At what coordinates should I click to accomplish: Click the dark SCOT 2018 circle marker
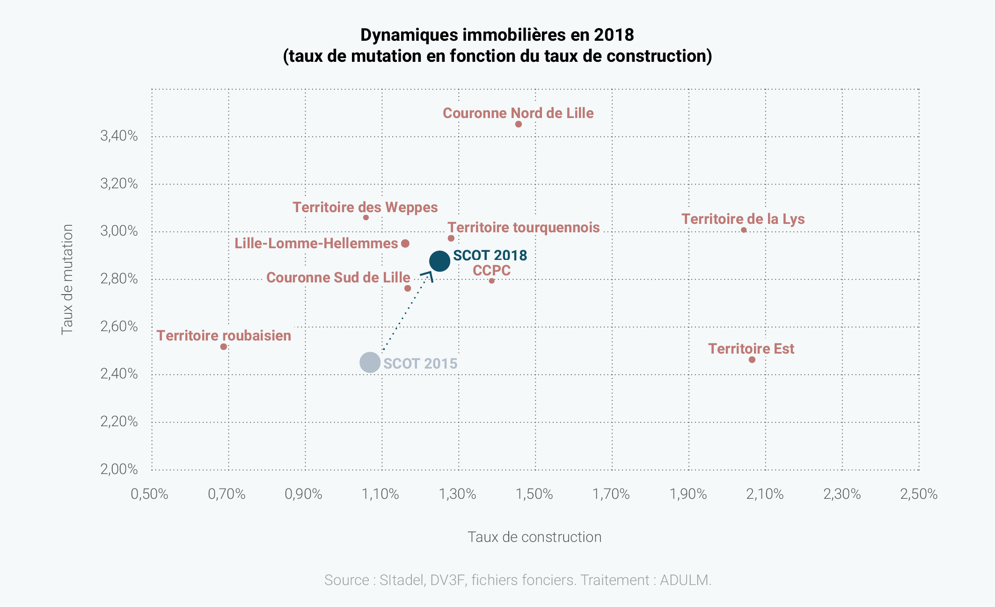click(x=439, y=261)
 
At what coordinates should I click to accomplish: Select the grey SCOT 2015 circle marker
click(x=370, y=362)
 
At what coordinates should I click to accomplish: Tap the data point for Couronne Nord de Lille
click(x=518, y=124)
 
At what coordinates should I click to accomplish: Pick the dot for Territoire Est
click(x=752, y=360)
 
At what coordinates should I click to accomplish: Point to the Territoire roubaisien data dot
click(x=224, y=347)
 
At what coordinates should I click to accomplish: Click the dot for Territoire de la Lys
click(x=744, y=230)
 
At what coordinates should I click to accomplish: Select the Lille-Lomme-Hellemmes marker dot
click(x=405, y=244)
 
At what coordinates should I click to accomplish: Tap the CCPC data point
click(x=491, y=281)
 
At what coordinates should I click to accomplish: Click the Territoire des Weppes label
click(x=365, y=207)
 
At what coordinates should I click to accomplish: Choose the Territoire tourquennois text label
click(x=523, y=227)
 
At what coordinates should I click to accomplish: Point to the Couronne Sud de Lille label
click(x=338, y=277)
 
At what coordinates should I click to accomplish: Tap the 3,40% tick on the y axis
click(x=119, y=136)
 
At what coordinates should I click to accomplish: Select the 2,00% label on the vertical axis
click(x=119, y=469)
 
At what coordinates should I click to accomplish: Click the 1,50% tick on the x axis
click(x=534, y=494)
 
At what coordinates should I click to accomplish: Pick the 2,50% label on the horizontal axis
click(x=919, y=494)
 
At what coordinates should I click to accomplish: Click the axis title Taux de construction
click(x=534, y=537)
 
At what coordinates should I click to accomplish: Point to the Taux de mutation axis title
click(x=67, y=280)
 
